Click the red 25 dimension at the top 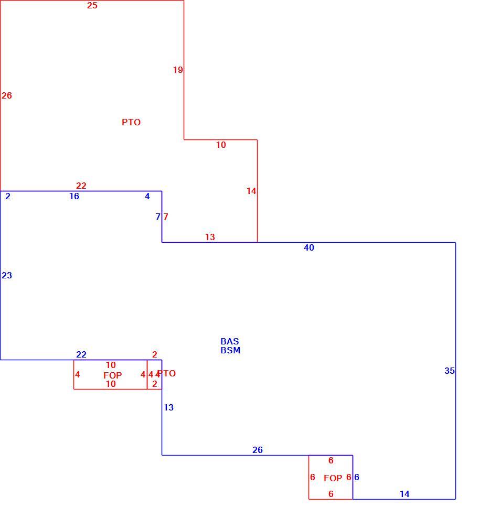[x=92, y=5]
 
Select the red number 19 [x=178, y=70]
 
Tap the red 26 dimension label [x=7, y=95]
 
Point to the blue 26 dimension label [x=258, y=450]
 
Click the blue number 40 [x=308, y=247]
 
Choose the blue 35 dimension [x=450, y=371]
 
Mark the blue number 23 [x=7, y=275]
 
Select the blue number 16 [x=74, y=196]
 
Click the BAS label [x=230, y=341]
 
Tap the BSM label [x=230, y=350]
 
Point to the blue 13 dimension [x=168, y=407]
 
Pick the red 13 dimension [x=210, y=237]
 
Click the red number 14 [x=251, y=191]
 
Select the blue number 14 [x=405, y=494]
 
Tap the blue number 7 [x=158, y=217]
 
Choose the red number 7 [x=166, y=217]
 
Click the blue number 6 [x=357, y=477]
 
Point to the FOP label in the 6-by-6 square [x=333, y=478]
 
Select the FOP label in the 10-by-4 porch [x=113, y=375]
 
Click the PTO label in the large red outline [x=131, y=123]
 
